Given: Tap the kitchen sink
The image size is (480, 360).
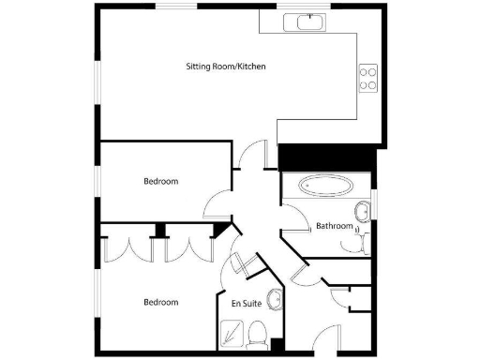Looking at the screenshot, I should pyautogui.click(x=310, y=21).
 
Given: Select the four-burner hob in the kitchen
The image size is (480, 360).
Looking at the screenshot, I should pyautogui.click(x=367, y=77).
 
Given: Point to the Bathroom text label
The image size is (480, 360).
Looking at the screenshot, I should pyautogui.click(x=334, y=226).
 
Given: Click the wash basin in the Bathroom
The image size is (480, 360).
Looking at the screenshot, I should pyautogui.click(x=363, y=208).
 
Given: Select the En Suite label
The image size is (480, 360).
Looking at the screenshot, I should pyautogui.click(x=246, y=303).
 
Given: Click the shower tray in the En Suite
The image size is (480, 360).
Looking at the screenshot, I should pyautogui.click(x=231, y=332).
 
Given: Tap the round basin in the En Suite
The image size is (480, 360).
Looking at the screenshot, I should pyautogui.click(x=275, y=300).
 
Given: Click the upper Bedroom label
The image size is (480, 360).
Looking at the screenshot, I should pyautogui.click(x=160, y=181).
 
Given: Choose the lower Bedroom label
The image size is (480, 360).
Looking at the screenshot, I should pyautogui.click(x=160, y=302).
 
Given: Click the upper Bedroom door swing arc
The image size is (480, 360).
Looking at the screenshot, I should pyautogui.click(x=218, y=199).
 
